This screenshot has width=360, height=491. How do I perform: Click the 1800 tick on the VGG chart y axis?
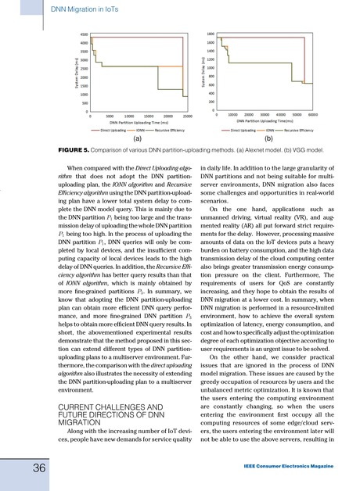point(211,34)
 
